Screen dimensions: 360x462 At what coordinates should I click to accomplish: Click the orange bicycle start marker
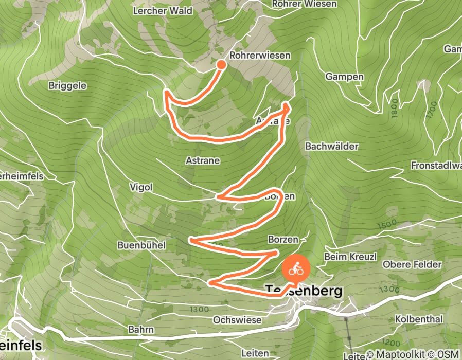[295, 268]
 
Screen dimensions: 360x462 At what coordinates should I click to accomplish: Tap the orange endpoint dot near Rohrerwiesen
[221, 64]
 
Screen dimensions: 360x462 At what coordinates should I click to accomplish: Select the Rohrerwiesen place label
[260, 55]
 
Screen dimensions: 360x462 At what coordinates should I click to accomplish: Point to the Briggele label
[67, 85]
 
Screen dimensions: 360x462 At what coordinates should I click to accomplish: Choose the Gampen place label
[344, 77]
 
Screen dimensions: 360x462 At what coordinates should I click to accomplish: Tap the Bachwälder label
[331, 147]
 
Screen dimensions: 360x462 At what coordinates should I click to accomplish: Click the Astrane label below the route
[202, 160]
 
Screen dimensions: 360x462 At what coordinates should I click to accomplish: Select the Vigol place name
[141, 187]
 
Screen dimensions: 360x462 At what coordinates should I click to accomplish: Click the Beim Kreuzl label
[344, 256]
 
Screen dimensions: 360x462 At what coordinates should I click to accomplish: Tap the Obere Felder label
[412, 264]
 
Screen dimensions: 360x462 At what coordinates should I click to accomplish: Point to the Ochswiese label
[237, 320]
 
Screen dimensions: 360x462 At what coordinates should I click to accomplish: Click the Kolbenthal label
[418, 319]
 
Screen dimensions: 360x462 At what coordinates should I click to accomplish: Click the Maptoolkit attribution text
[399, 354]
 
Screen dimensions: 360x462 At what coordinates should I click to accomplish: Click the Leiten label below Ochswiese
[255, 353]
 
